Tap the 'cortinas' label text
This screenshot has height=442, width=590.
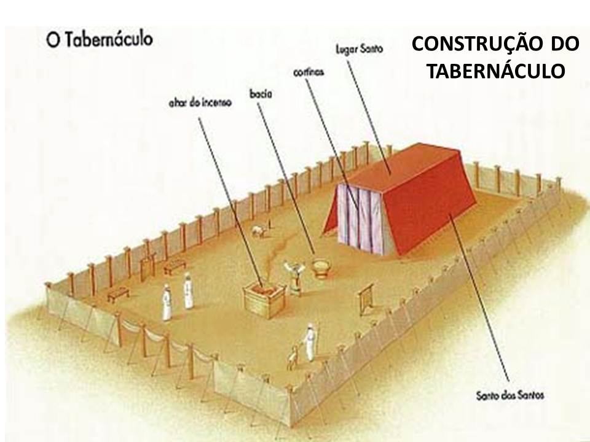pyautogui.click(x=309, y=72)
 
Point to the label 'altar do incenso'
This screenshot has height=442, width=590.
pyautogui.click(x=200, y=104)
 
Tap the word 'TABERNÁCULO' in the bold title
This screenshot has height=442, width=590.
pyautogui.click(x=495, y=71)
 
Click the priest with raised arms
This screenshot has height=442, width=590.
pyautogui.click(x=293, y=274)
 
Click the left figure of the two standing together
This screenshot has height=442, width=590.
pyautogui.click(x=166, y=301)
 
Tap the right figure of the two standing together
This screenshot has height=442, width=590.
pyautogui.click(x=187, y=291)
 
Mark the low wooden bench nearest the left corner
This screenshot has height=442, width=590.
pyautogui.click(x=116, y=293)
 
